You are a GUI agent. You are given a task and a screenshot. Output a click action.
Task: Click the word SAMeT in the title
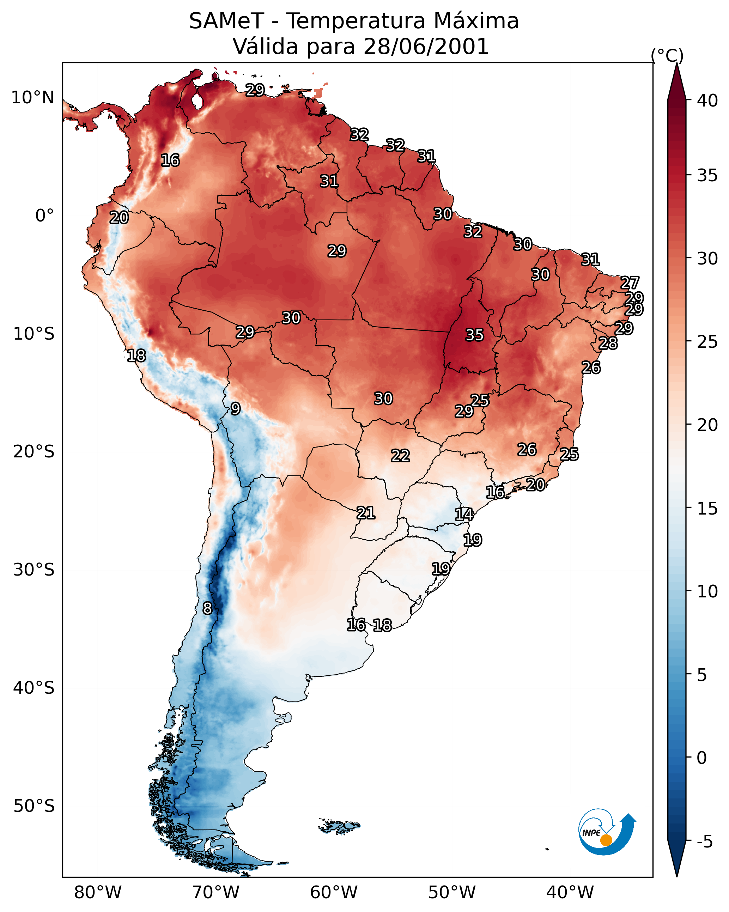point(226,21)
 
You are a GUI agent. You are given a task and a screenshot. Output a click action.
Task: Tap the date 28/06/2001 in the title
point(426,46)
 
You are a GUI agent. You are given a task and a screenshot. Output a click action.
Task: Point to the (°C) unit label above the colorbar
point(667,55)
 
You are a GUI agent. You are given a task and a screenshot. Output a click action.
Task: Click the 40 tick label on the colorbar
point(707,101)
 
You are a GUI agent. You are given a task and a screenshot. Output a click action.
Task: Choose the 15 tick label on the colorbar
point(707,509)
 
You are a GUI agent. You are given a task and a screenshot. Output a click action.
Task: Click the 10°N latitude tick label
point(32,98)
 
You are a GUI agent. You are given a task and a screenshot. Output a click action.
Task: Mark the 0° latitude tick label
point(44,216)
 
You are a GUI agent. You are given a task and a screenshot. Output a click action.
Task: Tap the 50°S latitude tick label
point(34,806)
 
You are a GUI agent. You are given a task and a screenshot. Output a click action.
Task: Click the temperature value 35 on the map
point(474,335)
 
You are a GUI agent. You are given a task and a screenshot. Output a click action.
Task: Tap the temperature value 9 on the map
point(236,409)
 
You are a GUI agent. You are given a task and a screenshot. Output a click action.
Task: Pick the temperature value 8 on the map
point(207,608)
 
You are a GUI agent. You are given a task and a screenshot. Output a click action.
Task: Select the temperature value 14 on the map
point(464,515)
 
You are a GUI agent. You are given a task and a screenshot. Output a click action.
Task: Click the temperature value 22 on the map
point(400,456)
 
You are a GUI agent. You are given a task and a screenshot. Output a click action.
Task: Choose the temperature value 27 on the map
point(630,282)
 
